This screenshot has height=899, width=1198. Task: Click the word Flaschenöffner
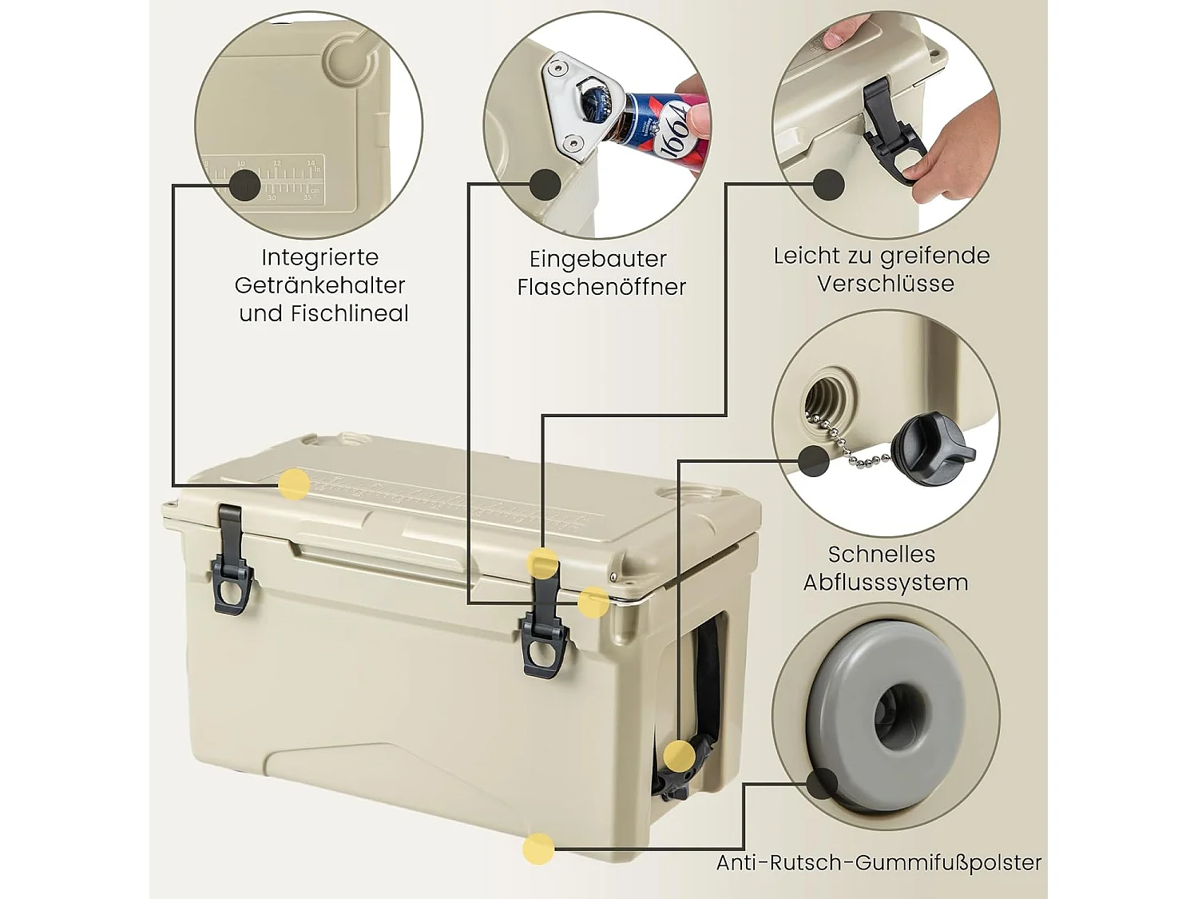(601, 287)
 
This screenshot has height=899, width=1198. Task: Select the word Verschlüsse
(885, 284)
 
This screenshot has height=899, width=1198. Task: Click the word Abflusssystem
(885, 583)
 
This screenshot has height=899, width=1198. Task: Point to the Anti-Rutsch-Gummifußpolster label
(879, 863)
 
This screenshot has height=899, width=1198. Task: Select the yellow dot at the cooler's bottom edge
(538, 848)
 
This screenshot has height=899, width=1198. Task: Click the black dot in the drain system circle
(813, 461)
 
